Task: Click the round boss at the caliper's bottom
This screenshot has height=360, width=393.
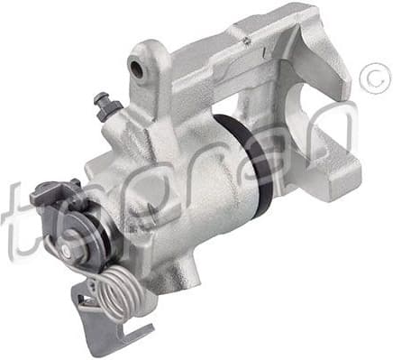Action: pos(180,271)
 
